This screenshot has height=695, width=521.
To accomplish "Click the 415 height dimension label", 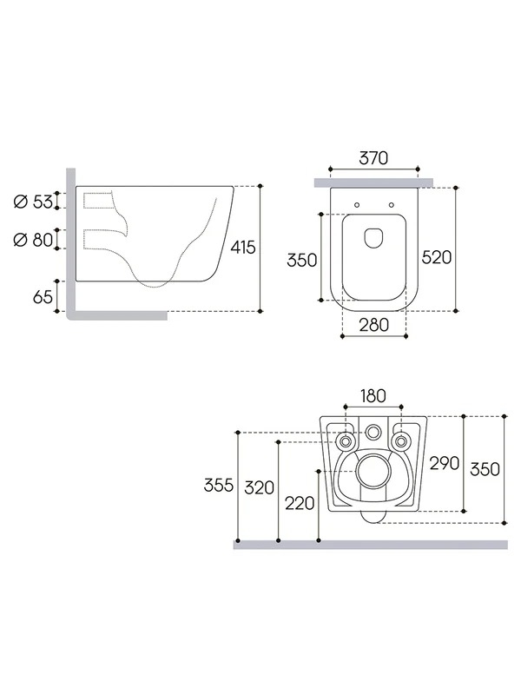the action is point(243,248).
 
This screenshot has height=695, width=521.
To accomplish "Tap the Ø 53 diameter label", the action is point(33,202).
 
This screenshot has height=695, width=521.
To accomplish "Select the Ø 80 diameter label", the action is point(33,240).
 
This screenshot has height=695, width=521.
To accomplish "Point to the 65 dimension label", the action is point(43,297).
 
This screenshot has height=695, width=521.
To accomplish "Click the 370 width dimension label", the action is point(373,158).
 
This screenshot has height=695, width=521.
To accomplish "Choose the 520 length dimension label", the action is point(437,257).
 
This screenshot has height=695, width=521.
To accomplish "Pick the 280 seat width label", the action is point(374,325).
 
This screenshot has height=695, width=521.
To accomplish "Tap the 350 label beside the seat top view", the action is point(301,260).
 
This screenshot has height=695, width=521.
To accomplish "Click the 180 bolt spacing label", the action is point(373,396).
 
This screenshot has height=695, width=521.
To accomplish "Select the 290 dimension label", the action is point(445,463).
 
